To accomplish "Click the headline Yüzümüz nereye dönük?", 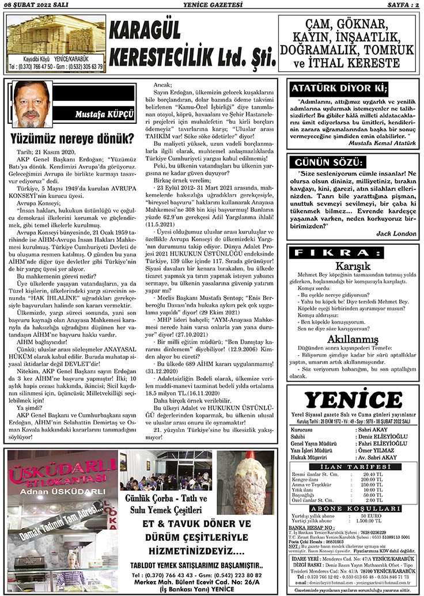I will pos(72,138).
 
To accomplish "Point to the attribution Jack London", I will pos(396,233).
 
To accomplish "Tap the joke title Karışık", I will pos(354,265).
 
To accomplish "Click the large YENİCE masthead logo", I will pos(354,399).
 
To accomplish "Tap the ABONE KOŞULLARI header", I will pos(354,508).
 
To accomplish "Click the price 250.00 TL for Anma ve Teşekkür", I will pos(372,484).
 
